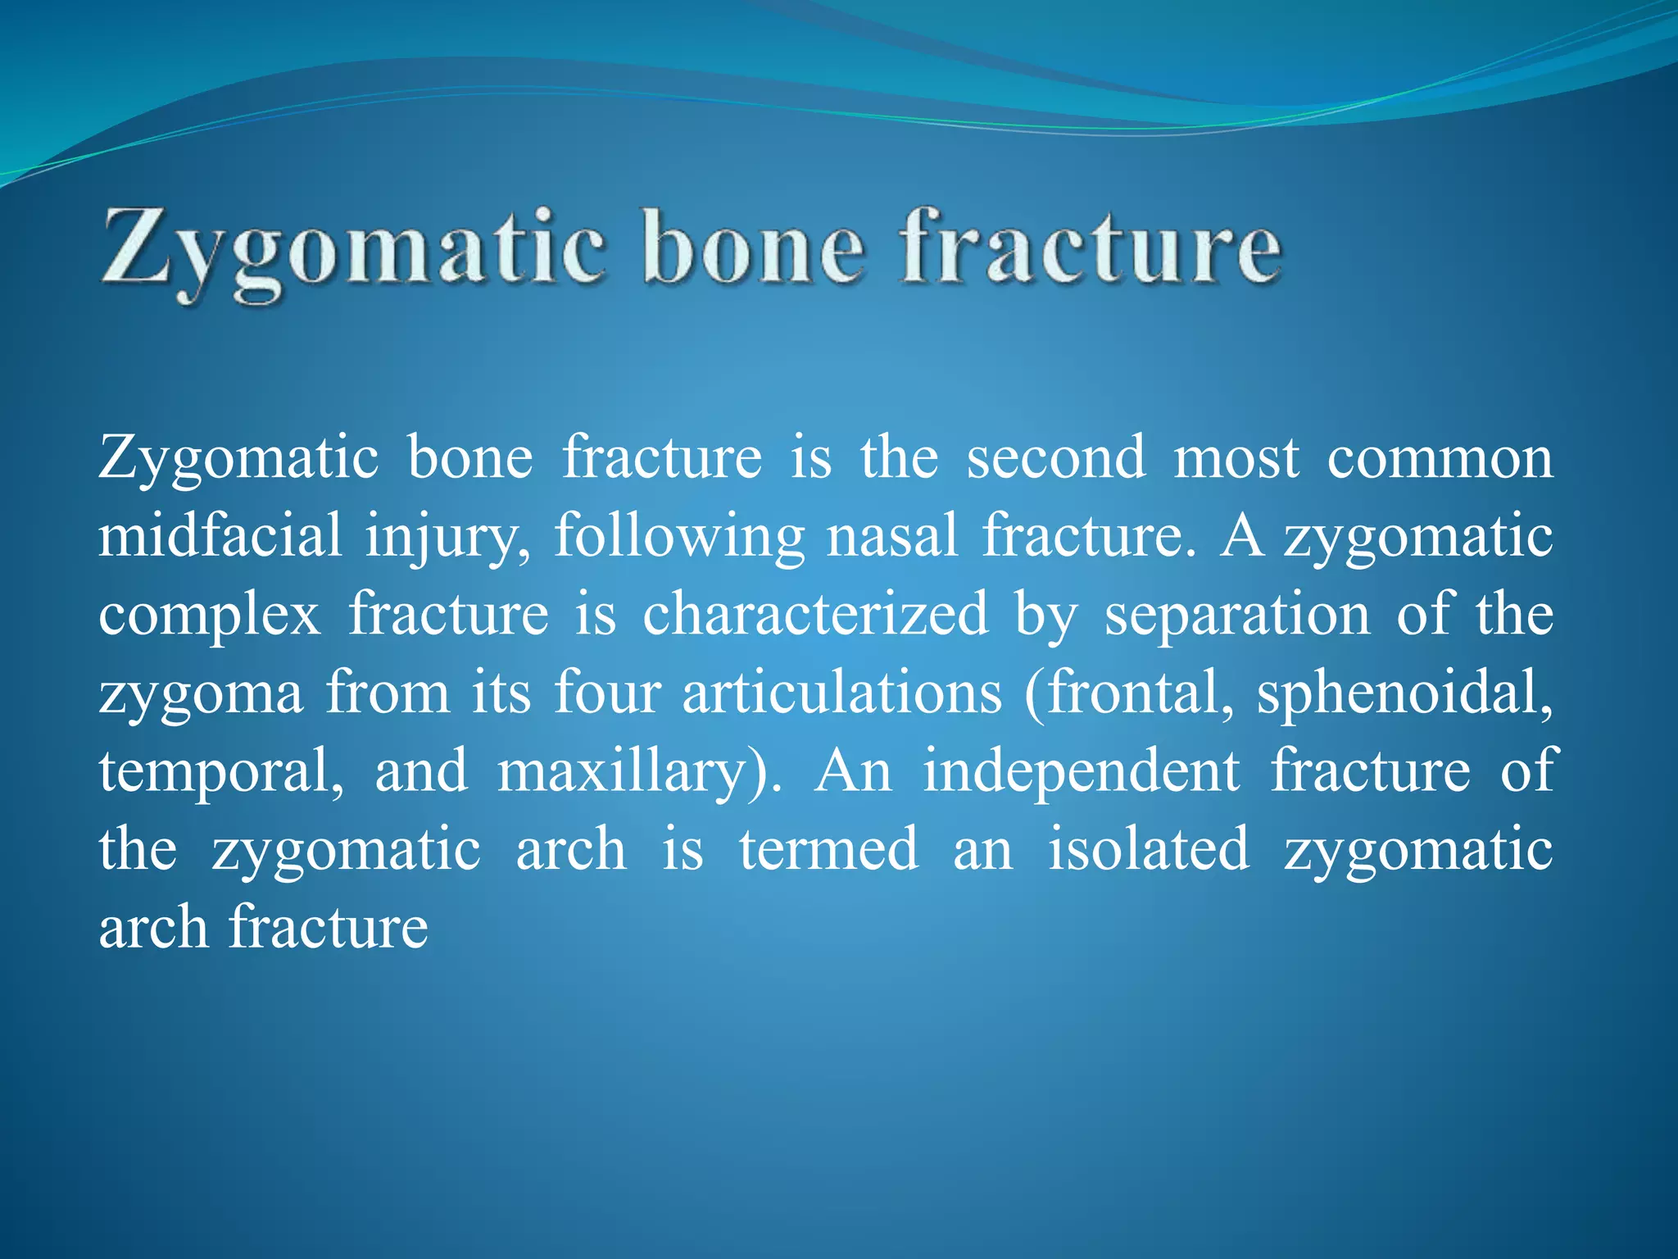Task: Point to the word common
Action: click(x=1439, y=457)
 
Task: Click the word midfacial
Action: click(x=220, y=535)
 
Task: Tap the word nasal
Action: click(x=891, y=535)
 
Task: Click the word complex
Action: click(x=209, y=615)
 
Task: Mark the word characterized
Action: click(x=814, y=615)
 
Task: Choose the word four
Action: click(x=607, y=693)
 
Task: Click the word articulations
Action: click(x=842, y=693)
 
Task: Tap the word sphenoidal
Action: click(x=1404, y=693)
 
